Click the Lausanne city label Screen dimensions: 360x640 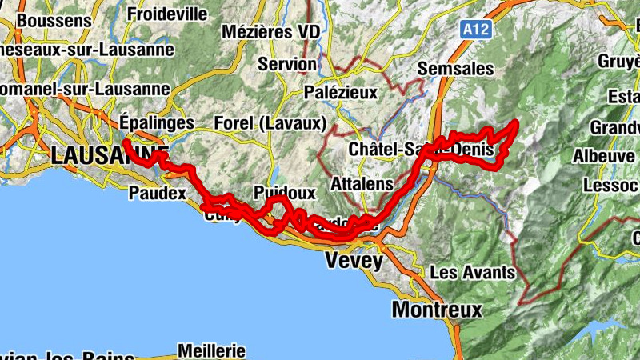click(x=109, y=155)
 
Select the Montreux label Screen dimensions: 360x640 click(x=437, y=310)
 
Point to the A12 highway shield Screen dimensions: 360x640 click(x=475, y=30)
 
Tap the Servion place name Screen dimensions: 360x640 click(x=287, y=63)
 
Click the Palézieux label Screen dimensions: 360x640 click(x=341, y=92)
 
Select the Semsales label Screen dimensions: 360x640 click(x=455, y=69)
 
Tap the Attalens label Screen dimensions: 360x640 click(x=362, y=183)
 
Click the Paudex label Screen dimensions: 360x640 click(x=157, y=193)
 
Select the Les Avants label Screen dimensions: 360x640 click(x=472, y=272)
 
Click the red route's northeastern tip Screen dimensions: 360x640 click(x=516, y=122)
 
